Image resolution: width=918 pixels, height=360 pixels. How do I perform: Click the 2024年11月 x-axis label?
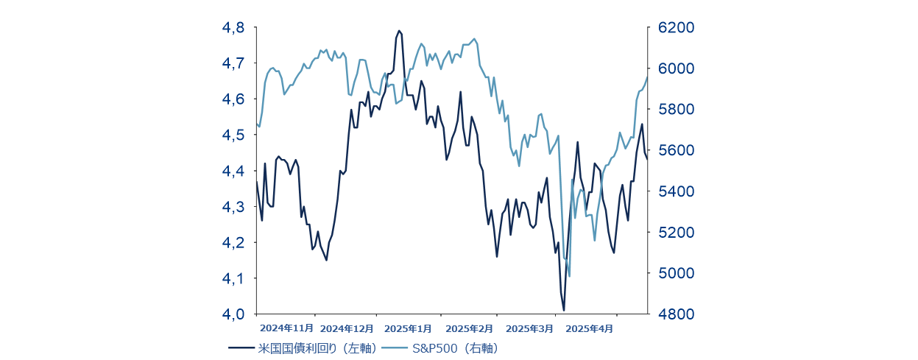287,328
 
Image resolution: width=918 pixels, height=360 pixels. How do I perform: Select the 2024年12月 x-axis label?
347,328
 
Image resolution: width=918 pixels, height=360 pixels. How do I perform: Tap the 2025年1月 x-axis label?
408,328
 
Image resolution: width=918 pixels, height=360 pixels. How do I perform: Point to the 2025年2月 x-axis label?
469,328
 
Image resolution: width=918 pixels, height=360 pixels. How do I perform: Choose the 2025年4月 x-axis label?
588,328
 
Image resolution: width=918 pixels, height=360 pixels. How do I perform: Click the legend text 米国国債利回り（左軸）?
317,348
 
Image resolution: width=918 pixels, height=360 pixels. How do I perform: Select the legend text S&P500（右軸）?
455,348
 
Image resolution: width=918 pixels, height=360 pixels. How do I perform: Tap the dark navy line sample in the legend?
242,348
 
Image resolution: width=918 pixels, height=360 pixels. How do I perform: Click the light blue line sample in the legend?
394,348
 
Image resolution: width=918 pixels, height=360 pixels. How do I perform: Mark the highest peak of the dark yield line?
399,31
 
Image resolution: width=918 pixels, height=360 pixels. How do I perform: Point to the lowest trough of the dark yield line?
564,310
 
